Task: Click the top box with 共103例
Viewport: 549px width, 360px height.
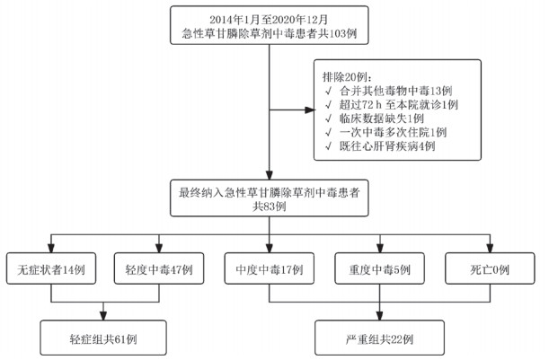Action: (269, 26)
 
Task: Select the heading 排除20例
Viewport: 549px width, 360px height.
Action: (342, 76)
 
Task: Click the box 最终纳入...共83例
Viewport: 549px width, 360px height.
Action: (269, 198)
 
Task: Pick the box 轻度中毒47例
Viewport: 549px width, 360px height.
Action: (159, 268)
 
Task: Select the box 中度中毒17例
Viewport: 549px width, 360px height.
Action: (269, 268)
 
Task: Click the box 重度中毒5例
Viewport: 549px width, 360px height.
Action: (378, 268)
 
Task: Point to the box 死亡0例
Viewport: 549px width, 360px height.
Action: (489, 268)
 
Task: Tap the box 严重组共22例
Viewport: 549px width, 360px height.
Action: (378, 338)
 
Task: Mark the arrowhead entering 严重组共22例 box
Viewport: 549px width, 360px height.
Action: (378, 319)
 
